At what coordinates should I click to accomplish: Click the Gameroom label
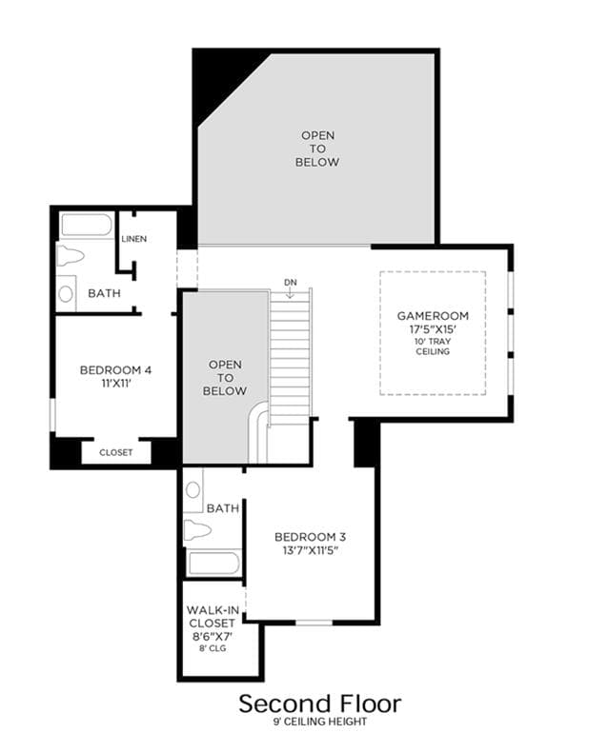click(433, 316)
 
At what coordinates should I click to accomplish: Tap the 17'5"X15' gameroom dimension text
click(433, 329)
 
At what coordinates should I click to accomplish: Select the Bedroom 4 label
click(115, 370)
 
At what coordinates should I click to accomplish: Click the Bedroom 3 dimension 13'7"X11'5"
click(310, 550)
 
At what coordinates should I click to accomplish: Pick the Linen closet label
click(134, 239)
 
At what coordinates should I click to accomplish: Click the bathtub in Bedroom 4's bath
click(87, 225)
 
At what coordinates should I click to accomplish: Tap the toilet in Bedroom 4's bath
click(71, 256)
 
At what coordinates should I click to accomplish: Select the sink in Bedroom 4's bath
click(66, 293)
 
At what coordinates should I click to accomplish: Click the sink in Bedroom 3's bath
click(193, 490)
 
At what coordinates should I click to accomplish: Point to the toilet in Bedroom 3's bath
click(197, 530)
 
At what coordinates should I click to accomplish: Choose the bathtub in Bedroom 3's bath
click(213, 564)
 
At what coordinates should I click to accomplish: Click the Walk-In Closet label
click(213, 617)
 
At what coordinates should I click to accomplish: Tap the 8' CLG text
click(213, 648)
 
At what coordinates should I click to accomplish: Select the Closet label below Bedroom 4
click(116, 452)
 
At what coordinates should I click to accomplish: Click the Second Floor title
click(319, 704)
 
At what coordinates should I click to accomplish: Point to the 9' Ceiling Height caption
click(320, 722)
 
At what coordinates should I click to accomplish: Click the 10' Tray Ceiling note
click(433, 347)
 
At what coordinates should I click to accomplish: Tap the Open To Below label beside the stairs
click(225, 378)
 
